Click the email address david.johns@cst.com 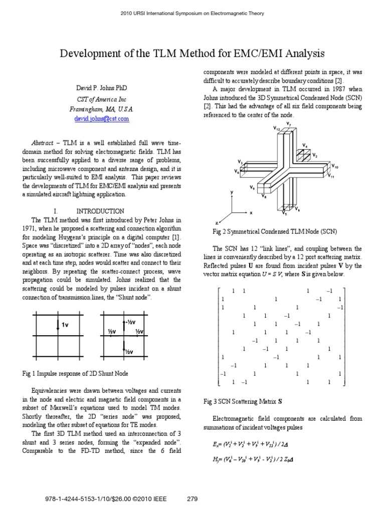pyautogui.click(x=101, y=119)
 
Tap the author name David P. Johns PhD pyautogui.click(x=101, y=88)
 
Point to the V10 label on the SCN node pyautogui.click(x=335, y=166)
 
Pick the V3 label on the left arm pyautogui.click(x=241, y=163)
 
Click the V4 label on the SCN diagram pyautogui.click(x=305, y=146)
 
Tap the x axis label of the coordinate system pyautogui.click(x=251, y=213)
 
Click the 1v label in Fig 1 pyautogui.click(x=65, y=326)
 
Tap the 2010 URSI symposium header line pyautogui.click(x=192, y=14)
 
